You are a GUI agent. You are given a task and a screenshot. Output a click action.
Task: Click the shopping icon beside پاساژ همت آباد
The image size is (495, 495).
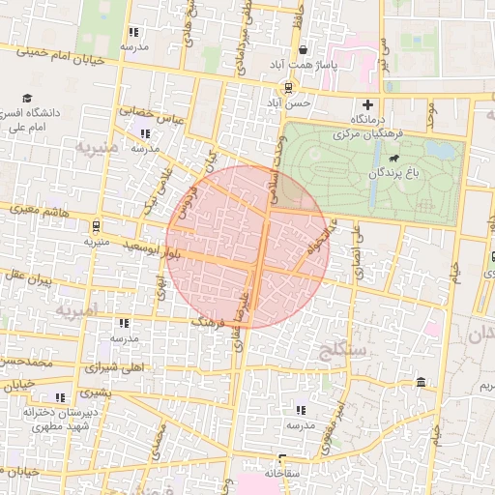pyautogui.click(x=304, y=50)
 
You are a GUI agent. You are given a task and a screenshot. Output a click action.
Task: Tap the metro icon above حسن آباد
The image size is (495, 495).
pyautogui.click(x=289, y=85)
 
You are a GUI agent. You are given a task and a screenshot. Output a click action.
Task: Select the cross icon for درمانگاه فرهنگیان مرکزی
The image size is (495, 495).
pyautogui.click(x=366, y=104)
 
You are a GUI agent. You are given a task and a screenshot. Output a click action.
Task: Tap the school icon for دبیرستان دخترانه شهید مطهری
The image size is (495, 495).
pyautogui.click(x=60, y=396)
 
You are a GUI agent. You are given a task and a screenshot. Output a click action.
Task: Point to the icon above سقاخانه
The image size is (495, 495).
pyautogui.click(x=282, y=459)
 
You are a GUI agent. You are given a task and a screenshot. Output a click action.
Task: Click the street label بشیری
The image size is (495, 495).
pyautogui.click(x=95, y=393)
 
